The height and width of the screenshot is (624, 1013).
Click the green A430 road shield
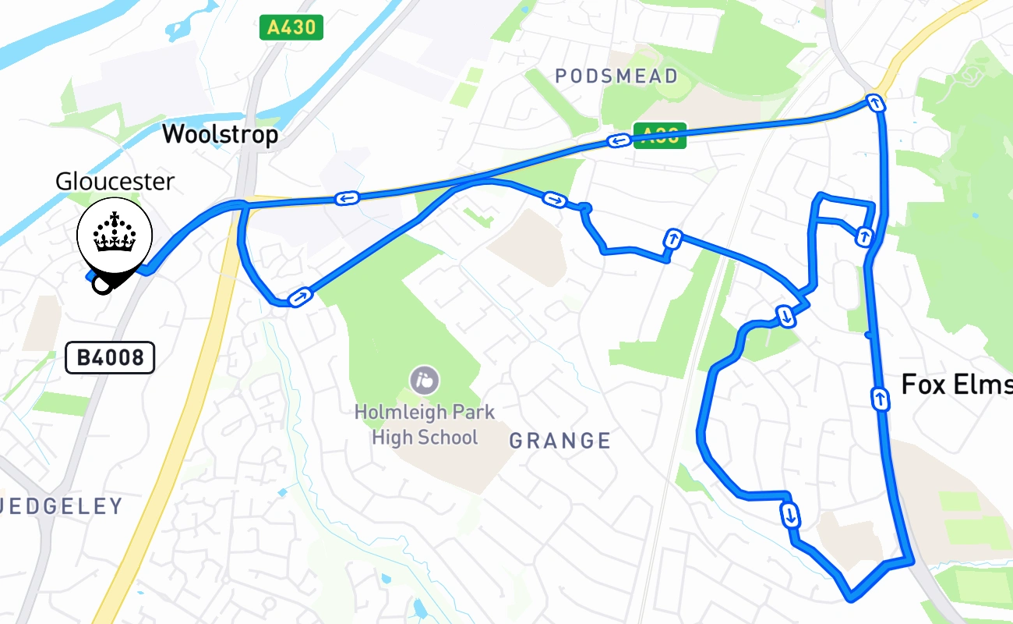[x=291, y=28]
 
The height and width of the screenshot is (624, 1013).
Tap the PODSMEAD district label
[x=616, y=76]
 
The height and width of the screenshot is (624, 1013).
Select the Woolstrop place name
[x=220, y=135]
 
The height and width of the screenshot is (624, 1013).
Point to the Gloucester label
[x=115, y=181]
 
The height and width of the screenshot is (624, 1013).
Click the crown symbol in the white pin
[x=115, y=232]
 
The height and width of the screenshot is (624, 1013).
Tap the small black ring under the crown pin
[x=102, y=285]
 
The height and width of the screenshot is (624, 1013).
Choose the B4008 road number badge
[x=110, y=358]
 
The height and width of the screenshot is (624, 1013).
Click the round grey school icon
[x=424, y=381]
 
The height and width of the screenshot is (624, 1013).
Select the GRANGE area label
[x=560, y=441]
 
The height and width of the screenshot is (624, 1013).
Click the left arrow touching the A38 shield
[x=618, y=141]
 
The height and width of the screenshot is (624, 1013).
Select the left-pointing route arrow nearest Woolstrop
[x=347, y=198]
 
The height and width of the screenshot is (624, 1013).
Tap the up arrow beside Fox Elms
[x=880, y=399]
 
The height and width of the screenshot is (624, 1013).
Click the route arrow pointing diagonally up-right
[x=300, y=296]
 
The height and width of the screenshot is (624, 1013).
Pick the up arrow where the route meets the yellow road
[x=876, y=102]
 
